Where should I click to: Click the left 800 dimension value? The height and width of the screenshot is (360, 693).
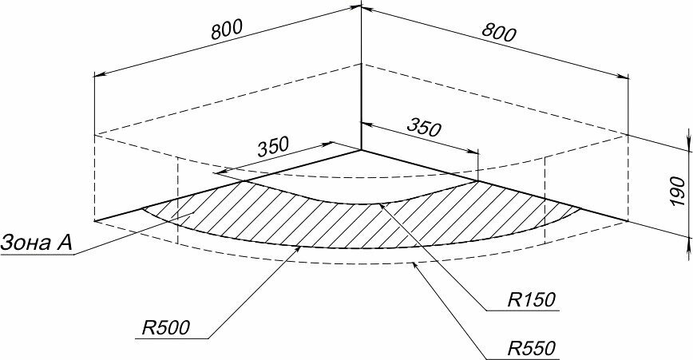coord(227,30)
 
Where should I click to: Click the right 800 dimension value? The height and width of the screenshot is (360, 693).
coord(499,32)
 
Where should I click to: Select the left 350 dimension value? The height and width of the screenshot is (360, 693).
coord(272,146)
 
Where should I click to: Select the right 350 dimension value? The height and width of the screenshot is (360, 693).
coord(424,127)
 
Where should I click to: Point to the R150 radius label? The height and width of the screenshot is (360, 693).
coord(531,300)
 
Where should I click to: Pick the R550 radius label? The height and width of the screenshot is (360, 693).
coord(530,348)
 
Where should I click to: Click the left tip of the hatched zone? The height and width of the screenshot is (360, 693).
coord(142,209)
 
